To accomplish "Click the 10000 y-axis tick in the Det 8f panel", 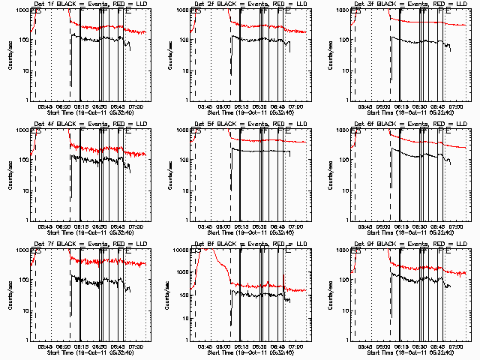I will tap(180, 250).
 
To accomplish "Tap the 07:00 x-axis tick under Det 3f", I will tap(457, 106).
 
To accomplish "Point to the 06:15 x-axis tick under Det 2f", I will tap(241, 106).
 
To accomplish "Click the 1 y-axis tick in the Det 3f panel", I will tap(346, 100).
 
